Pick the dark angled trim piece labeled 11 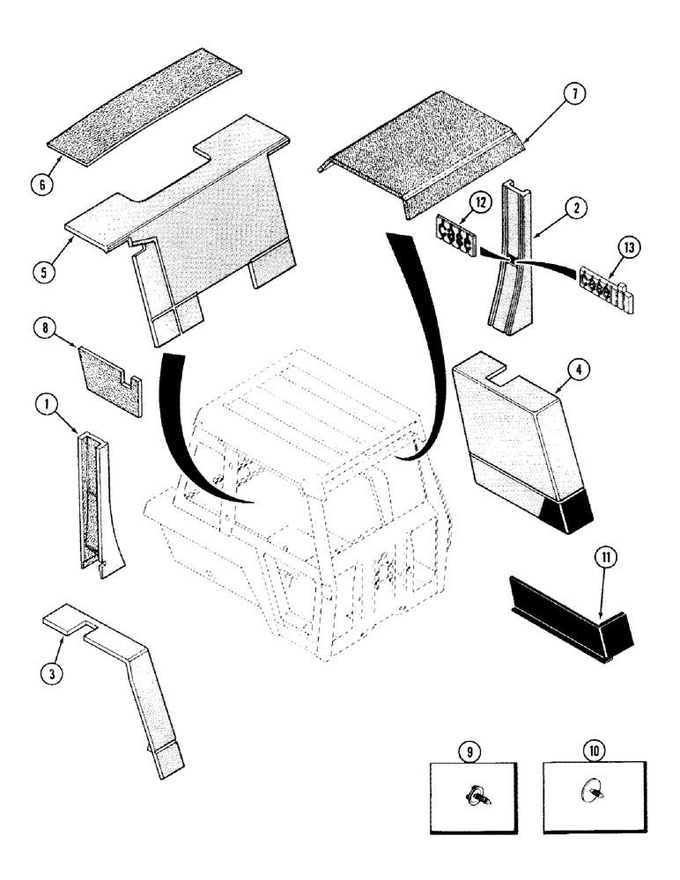pos(573,620)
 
